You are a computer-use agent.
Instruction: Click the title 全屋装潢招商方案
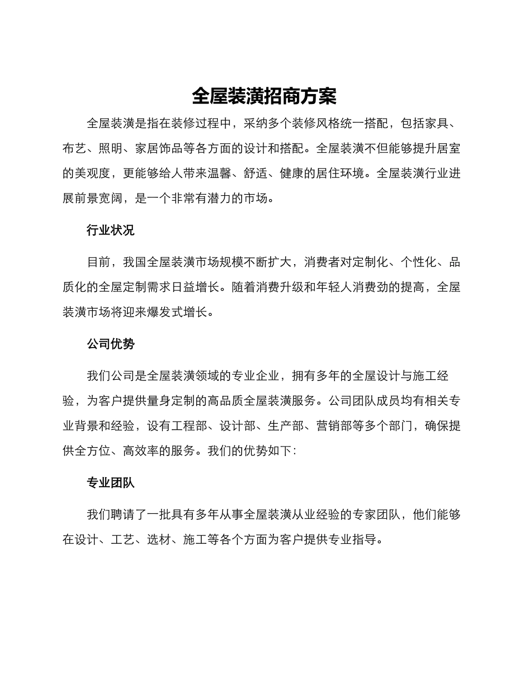[264, 96]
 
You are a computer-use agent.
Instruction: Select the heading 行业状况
[111, 230]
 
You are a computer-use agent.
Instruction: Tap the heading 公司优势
[111, 344]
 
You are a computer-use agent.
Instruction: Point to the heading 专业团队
[111, 483]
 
